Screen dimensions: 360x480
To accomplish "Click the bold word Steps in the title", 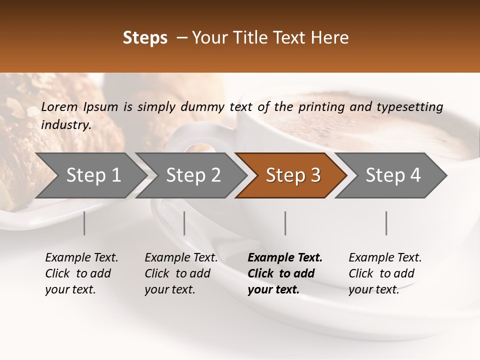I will click(145, 38).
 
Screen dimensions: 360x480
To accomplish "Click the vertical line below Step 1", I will click(84, 223).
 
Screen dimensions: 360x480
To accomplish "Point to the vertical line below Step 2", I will click(184, 223).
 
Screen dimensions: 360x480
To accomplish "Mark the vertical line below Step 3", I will click(285, 223).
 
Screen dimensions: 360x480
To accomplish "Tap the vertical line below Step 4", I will click(386, 223).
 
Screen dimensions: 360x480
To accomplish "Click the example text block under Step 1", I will click(81, 273).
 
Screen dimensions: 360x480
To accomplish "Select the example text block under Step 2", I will click(181, 273).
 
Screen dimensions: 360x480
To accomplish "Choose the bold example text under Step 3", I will click(285, 273).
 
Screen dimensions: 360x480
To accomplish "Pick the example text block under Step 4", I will click(385, 273).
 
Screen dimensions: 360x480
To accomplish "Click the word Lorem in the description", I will click(59, 106).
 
